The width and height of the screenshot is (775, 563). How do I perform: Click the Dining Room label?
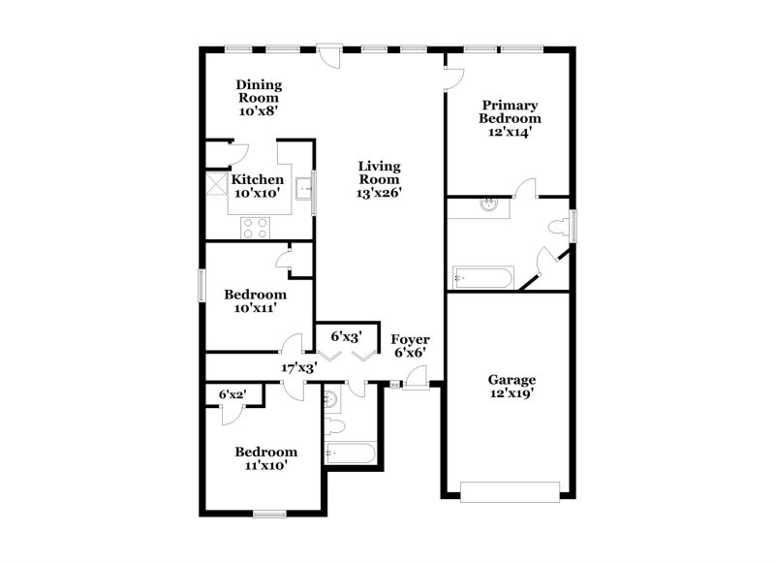(x=259, y=91)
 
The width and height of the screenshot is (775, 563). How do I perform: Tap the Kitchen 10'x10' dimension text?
(x=257, y=193)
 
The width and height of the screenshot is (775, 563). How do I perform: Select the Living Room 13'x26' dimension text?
(x=379, y=193)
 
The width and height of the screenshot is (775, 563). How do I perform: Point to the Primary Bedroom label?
(x=510, y=111)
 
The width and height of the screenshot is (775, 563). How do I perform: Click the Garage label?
(x=511, y=380)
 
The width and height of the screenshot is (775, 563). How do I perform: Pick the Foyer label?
(x=410, y=339)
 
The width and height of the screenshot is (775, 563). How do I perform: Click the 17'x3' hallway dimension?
(x=299, y=368)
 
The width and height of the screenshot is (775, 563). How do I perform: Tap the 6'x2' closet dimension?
(x=232, y=394)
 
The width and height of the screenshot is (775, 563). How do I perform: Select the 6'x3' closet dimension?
(x=347, y=336)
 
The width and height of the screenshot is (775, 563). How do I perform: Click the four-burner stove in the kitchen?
(x=256, y=228)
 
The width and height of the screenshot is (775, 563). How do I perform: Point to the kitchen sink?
(x=303, y=189)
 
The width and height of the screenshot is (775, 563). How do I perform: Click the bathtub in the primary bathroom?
(x=482, y=277)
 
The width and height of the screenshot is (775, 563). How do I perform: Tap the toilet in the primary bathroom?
(x=559, y=227)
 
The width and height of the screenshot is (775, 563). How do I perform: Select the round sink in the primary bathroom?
(x=489, y=204)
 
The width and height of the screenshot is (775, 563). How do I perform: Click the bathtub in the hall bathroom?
(x=351, y=454)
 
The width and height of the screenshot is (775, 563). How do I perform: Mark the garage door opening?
(x=511, y=492)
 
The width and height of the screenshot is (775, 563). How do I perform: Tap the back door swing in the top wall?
(x=329, y=55)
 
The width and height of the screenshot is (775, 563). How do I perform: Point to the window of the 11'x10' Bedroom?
(x=270, y=515)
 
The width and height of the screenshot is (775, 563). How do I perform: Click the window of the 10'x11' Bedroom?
(x=201, y=285)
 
